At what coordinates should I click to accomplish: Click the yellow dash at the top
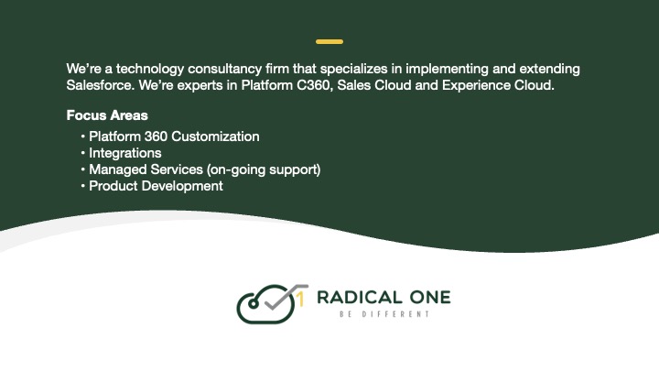329,42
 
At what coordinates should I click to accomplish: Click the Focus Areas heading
107,116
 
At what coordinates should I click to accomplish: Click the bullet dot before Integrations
83,153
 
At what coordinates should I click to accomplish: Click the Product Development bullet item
156,186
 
